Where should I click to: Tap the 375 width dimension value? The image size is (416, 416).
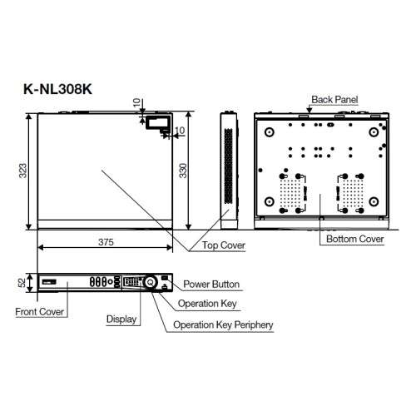[x=104, y=240]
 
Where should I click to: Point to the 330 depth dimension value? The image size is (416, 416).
[x=194, y=171]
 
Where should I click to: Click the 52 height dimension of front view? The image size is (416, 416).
[x=22, y=283]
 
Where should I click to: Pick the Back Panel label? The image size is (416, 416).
[x=334, y=99]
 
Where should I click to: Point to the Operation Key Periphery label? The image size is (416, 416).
[x=223, y=325]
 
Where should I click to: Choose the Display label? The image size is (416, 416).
[x=121, y=319]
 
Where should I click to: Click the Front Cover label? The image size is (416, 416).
[x=41, y=312]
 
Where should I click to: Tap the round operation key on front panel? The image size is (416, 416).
[x=150, y=283]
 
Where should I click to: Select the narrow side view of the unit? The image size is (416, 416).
[x=227, y=171]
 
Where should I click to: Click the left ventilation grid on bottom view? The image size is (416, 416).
[x=290, y=194]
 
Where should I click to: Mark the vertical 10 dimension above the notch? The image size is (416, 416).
[x=136, y=103]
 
